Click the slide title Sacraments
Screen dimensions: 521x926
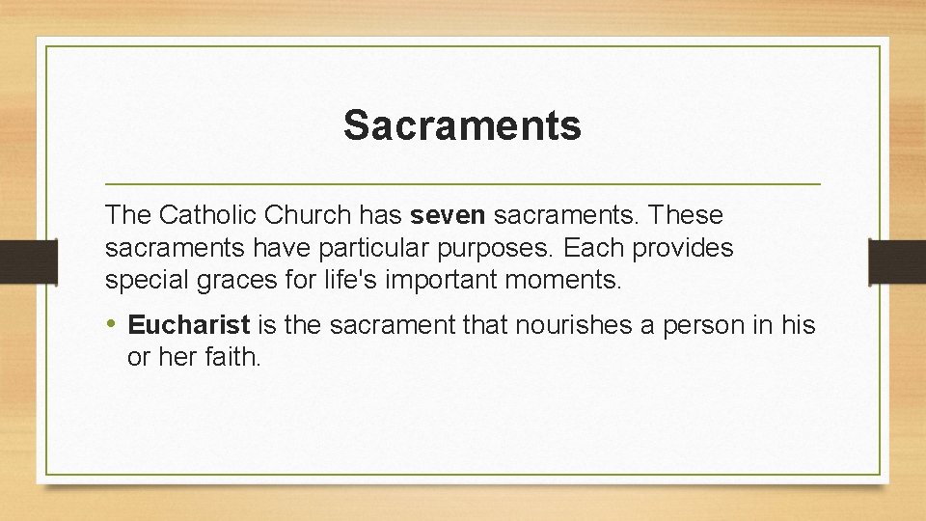(462, 125)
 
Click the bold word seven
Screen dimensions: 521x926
(449, 214)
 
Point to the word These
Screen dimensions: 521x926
(687, 214)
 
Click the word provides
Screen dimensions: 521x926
(682, 248)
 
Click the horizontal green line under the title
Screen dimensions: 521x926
(462, 183)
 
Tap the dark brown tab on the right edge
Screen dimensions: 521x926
(897, 260)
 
